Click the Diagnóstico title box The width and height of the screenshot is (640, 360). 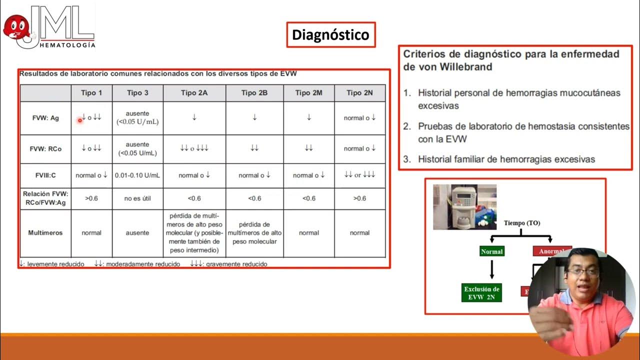pos(330,34)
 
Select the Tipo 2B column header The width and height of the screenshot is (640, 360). pos(254,93)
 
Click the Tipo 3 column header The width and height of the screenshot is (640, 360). pos(137,93)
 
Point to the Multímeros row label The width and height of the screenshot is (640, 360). pos(45,232)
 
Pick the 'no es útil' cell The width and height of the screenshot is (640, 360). pos(137,198)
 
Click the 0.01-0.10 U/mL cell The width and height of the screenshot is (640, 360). pos(137,175)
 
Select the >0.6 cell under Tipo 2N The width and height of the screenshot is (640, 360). pos(359,198)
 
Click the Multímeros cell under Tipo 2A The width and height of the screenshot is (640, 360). pos(195,232)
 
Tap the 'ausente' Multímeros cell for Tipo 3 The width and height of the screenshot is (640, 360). pos(137,232)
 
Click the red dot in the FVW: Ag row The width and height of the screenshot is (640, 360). pos(79,120)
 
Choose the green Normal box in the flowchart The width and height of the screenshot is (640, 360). pos(491,251)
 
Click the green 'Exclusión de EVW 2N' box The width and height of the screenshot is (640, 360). pos(481,292)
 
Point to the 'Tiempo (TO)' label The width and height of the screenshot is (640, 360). pos(522,223)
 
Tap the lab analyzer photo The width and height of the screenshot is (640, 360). pos(464,206)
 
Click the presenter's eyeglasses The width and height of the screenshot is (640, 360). pos(582,272)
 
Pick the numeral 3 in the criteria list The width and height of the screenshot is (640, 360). pos(407,159)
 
